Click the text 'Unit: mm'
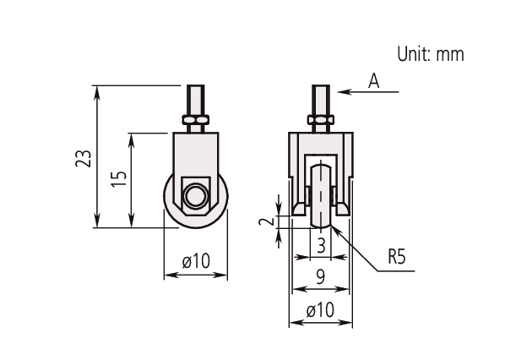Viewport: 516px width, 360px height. tap(431, 54)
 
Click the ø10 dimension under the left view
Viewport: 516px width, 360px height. tap(196, 261)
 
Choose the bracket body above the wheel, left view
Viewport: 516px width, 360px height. tap(196, 156)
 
